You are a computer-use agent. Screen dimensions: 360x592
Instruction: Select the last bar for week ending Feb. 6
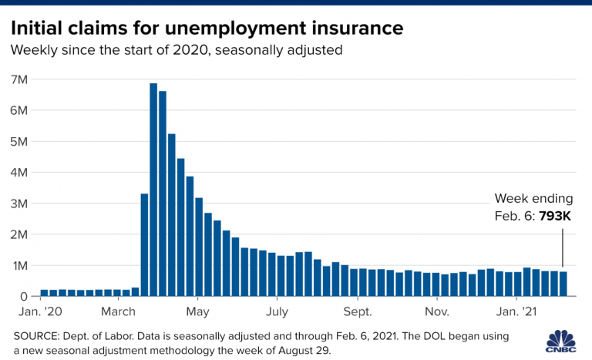point(563,284)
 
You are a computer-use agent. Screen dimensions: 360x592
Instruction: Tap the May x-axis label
point(198,312)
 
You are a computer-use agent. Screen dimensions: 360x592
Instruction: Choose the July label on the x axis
point(277,312)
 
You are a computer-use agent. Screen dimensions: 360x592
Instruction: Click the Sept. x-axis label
point(357,312)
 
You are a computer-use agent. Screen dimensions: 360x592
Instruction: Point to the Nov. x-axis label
point(436,312)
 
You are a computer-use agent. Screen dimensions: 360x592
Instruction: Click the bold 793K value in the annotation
point(555,217)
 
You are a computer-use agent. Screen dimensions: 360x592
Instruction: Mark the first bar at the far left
point(44,293)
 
